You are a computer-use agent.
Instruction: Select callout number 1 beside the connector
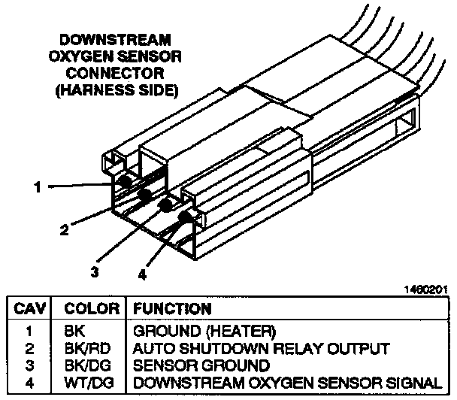tap(37, 187)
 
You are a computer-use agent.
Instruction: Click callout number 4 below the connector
tap(143, 275)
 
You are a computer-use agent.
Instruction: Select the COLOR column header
tap(91, 309)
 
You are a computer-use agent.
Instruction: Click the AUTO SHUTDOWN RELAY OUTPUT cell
tap(261, 348)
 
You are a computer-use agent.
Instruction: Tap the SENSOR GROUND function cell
tap(201, 365)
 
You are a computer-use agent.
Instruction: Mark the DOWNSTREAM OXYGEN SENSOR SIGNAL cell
tap(286, 383)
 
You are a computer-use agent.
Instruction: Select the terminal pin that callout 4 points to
tap(184, 218)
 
